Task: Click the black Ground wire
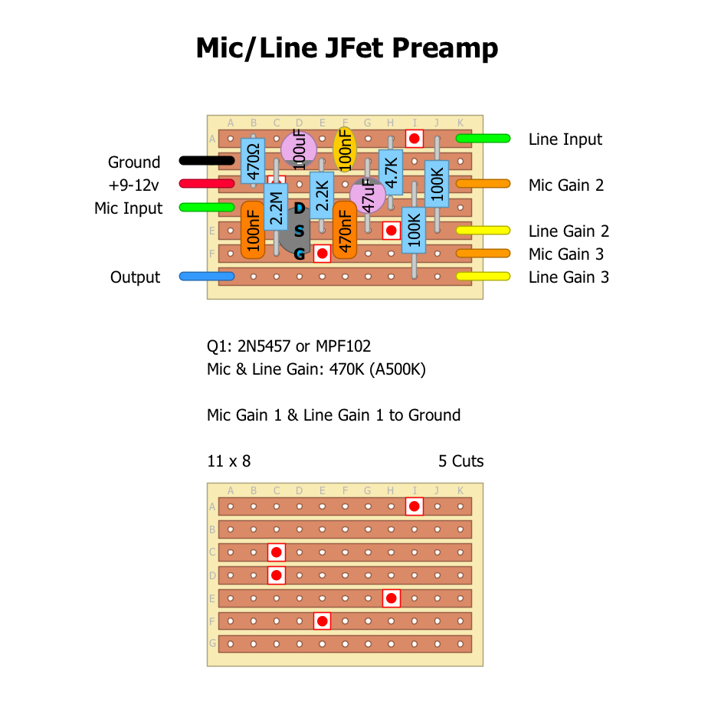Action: (x=206, y=161)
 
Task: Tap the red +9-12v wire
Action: (x=206, y=184)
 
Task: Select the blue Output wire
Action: (x=206, y=276)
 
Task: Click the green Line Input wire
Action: (x=483, y=139)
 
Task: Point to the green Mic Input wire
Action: (x=206, y=207)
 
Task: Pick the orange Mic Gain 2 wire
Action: (x=483, y=185)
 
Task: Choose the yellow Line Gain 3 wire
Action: (x=483, y=277)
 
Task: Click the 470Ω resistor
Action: (x=253, y=161)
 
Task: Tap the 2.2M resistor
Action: (x=276, y=207)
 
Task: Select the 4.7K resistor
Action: (x=391, y=172)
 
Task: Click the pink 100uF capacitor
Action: (x=298, y=148)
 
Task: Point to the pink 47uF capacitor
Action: (x=369, y=195)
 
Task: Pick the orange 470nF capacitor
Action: (x=346, y=230)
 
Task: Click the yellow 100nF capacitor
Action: (x=346, y=149)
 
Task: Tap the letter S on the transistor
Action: (x=299, y=231)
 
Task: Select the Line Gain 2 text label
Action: (x=569, y=231)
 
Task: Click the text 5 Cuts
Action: (x=460, y=461)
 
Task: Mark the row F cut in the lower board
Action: (x=323, y=621)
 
